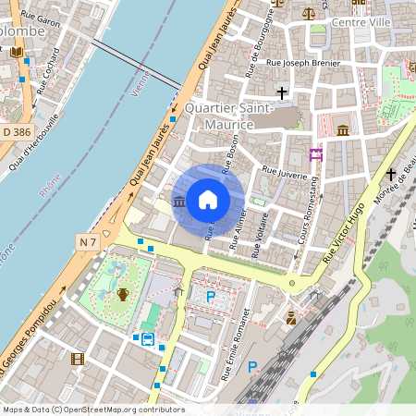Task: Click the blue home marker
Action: point(208,200)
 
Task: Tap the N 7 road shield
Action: point(88,241)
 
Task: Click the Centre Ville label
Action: point(361,22)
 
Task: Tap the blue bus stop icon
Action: point(148,338)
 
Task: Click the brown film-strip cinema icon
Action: point(78,359)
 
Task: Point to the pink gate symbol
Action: point(316,154)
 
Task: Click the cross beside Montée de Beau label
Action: point(390,173)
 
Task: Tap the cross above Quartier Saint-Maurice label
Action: point(282,93)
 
